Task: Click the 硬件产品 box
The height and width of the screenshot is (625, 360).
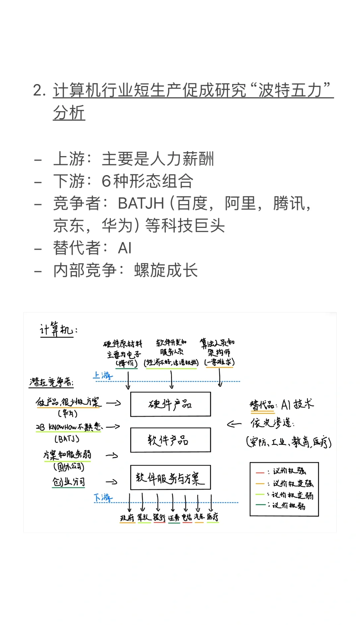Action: [x=170, y=404]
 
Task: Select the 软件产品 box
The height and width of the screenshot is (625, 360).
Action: [x=170, y=440]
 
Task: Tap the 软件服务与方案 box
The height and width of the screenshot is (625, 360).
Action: [x=170, y=477]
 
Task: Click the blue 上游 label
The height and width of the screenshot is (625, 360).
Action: [x=103, y=376]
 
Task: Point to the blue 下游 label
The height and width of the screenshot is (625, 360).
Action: [x=103, y=498]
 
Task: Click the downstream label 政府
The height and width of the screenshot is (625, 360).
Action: [x=127, y=518]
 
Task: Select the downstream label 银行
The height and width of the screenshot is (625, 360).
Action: [x=159, y=518]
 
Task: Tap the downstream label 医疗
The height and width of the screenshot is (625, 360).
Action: [x=212, y=517]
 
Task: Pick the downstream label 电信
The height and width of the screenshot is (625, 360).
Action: [x=187, y=518]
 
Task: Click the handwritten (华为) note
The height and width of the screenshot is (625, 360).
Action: [x=68, y=414]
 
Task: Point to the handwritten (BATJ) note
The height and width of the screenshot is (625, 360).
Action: [x=67, y=439]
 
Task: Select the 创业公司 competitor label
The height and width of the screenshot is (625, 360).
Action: [x=69, y=482]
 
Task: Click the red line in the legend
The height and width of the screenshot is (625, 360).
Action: [x=260, y=473]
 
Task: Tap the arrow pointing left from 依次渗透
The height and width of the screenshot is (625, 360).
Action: [x=234, y=424]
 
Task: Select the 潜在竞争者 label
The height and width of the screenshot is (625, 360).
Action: [x=51, y=382]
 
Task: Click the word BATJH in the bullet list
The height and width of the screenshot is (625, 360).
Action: [x=141, y=203]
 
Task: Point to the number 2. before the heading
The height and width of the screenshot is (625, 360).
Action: [x=39, y=90]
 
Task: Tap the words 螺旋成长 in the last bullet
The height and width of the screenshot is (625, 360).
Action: [x=166, y=270]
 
